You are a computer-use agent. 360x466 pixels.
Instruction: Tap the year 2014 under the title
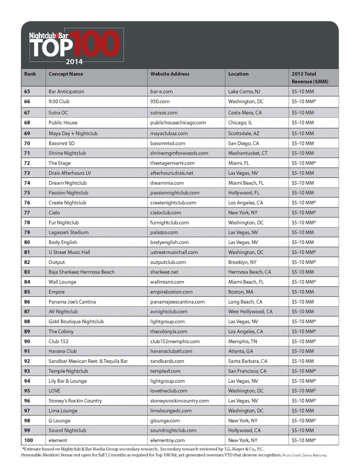tap(74, 61)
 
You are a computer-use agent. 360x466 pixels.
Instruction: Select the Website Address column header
tap(170, 74)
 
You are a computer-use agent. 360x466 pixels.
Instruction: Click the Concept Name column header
tap(66, 74)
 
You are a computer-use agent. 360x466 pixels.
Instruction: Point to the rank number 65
tap(27, 91)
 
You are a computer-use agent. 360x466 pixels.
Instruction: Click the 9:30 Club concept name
tap(59, 101)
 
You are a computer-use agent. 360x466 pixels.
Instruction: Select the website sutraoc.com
tap(163, 112)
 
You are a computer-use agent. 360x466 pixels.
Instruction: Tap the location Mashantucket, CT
tap(248, 153)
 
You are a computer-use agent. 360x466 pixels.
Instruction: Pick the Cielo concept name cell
tap(54, 213)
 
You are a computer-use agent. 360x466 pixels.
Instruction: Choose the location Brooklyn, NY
tap(242, 262)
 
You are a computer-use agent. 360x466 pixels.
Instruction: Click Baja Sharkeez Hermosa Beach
tap(81, 272)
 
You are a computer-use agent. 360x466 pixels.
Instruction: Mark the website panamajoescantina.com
tap(177, 302)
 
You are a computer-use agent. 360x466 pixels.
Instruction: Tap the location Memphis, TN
tap(243, 341)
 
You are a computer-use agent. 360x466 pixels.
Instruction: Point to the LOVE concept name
tap(54, 391)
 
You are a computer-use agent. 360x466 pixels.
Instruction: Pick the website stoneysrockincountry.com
tap(179, 401)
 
